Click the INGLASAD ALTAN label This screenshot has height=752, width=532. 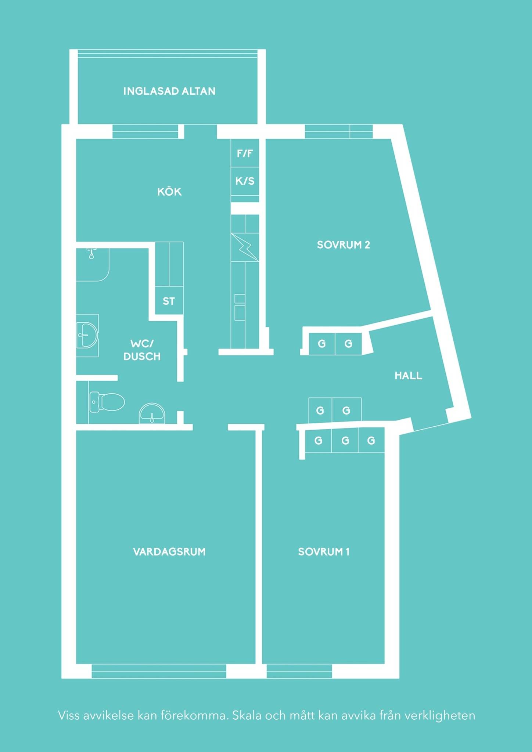click(169, 91)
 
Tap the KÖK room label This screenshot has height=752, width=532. click(169, 191)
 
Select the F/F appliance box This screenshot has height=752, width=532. click(245, 153)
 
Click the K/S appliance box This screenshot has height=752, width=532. click(245, 181)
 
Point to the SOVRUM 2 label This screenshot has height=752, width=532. click(344, 245)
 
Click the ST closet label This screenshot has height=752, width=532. click(169, 301)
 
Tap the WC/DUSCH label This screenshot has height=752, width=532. click(142, 350)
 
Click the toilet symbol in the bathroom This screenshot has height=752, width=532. click(107, 402)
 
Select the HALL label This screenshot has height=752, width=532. click(408, 376)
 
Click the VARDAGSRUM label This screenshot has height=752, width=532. click(169, 552)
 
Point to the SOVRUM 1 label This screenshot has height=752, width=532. click(324, 552)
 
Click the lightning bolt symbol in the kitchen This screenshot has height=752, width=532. click(245, 247)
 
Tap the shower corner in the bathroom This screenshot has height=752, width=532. click(93, 265)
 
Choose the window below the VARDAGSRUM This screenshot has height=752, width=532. click(159, 671)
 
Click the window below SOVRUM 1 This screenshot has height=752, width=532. click(299, 671)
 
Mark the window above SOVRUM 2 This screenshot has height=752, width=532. click(339, 131)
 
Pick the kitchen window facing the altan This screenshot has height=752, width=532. click(145, 131)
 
